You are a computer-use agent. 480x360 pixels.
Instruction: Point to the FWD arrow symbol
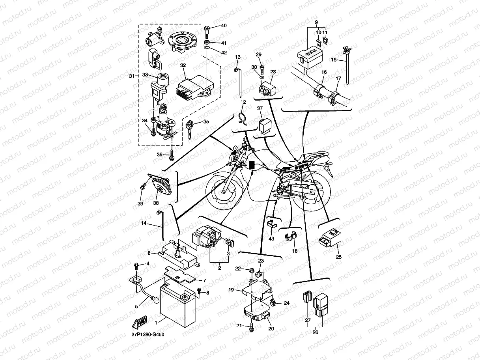pos(140,323)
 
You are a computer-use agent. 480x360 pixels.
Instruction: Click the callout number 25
pos(338,257)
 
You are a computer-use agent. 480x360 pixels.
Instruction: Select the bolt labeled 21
pos(251,326)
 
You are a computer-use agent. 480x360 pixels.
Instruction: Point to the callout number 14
pos(144,223)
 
